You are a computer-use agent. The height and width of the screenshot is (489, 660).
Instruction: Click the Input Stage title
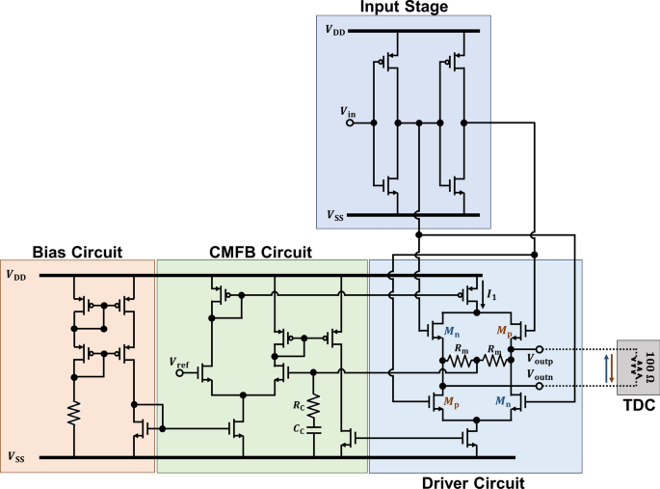click(x=404, y=8)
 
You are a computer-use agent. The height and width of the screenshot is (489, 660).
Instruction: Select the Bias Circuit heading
click(x=77, y=253)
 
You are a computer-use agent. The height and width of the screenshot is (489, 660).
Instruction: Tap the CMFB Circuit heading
click(x=260, y=253)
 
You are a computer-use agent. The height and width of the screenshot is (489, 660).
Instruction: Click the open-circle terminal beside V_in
click(x=351, y=123)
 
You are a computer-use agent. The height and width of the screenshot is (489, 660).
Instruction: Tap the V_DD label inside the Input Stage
click(x=334, y=31)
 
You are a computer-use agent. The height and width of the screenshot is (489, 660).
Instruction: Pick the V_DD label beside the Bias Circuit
click(x=15, y=274)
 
